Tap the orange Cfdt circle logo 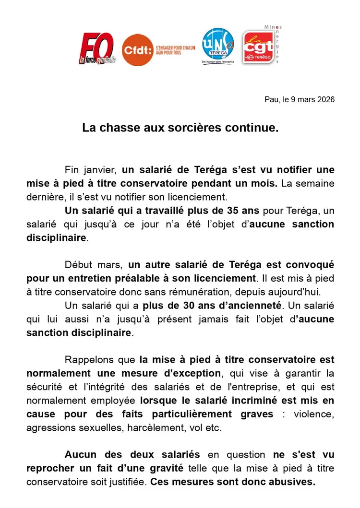point(137,49)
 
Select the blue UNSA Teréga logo point(218,46)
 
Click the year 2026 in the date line point(325,100)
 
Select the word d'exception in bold point(197,373)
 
